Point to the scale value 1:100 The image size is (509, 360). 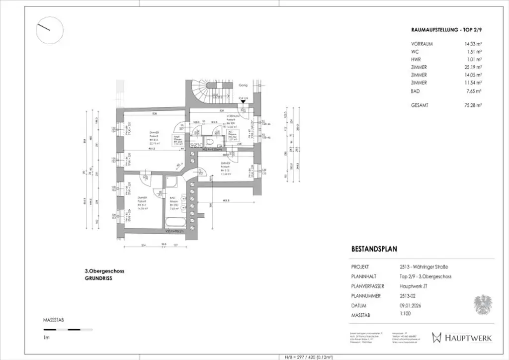click(406, 315)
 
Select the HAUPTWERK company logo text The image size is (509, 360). click(467, 338)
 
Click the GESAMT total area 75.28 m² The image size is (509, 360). click(471, 105)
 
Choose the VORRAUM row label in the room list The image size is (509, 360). click(422, 44)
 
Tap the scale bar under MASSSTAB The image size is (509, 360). click(62, 330)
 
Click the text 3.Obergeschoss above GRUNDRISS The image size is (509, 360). click(104, 271)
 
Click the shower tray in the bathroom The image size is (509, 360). click(172, 182)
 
